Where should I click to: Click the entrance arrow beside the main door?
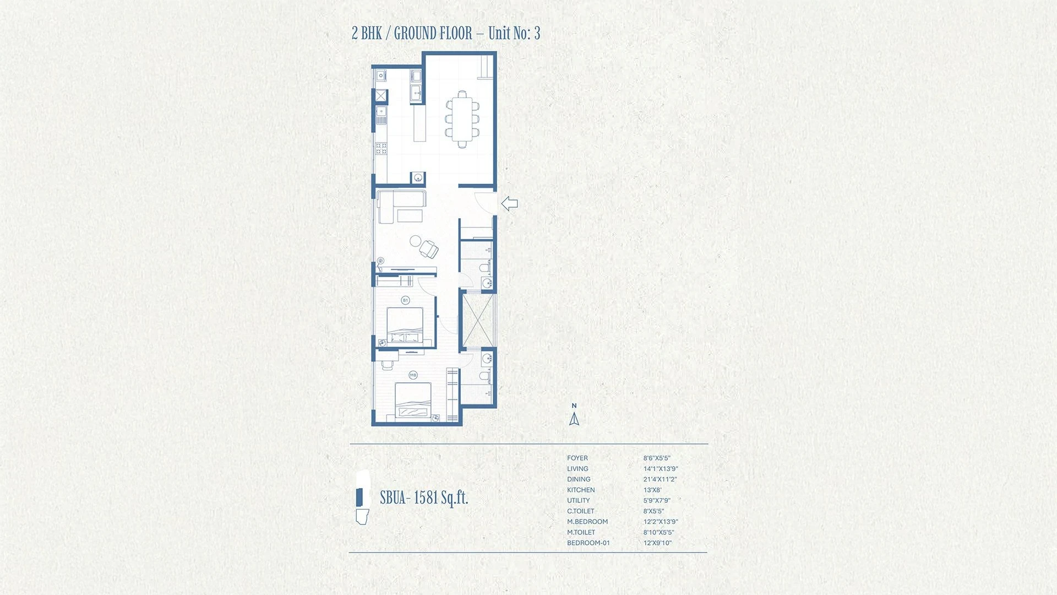(509, 204)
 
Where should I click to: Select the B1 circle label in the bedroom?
(406, 300)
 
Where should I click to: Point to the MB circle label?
(413, 375)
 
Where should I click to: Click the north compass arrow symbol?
(574, 419)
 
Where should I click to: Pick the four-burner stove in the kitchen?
(381, 148)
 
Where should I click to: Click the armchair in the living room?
(429, 249)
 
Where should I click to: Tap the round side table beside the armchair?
(415, 241)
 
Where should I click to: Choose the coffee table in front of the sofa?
(410, 215)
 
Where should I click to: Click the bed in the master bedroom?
(413, 402)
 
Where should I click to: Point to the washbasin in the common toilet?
(487, 284)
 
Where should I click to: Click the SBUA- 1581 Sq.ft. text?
(424, 497)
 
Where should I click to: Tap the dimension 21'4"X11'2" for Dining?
(660, 479)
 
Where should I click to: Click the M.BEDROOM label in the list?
(587, 522)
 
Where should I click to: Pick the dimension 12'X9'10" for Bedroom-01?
(657, 543)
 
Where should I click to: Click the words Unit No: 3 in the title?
(514, 33)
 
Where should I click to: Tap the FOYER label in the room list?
(577, 458)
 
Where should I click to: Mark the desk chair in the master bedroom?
(387, 364)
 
